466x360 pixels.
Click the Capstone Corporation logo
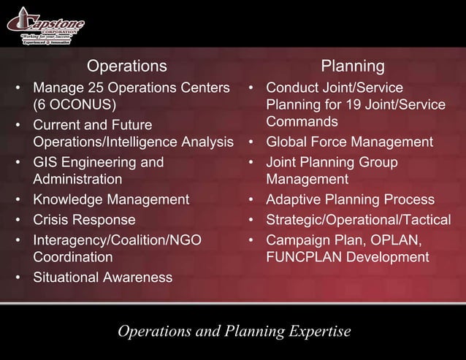[x=45, y=26]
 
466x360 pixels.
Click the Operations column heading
[x=127, y=66]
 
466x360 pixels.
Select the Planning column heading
[x=354, y=66]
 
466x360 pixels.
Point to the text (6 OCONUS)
[x=74, y=105]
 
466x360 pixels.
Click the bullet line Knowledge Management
[x=111, y=199]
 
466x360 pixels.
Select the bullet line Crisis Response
[x=84, y=219]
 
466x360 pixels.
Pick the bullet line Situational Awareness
[x=102, y=277]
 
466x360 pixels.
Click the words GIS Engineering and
[x=99, y=161]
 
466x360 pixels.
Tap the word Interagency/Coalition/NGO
[x=117, y=240]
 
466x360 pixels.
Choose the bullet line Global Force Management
[x=350, y=142]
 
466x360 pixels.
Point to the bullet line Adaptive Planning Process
[x=351, y=199]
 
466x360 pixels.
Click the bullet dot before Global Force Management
[x=251, y=142]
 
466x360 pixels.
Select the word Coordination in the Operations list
[x=73, y=257]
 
